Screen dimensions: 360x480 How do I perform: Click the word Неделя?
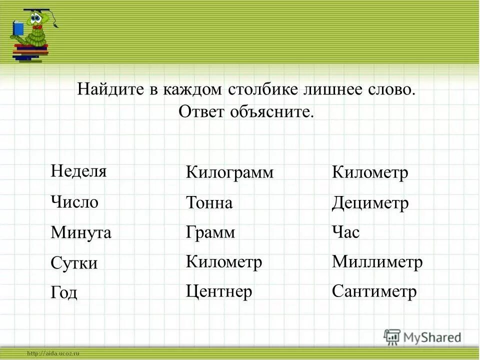pos(78,171)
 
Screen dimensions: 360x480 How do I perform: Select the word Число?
pos(74,202)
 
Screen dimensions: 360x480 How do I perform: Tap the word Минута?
pos(81,232)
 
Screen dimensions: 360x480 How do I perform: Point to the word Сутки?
pos(74,263)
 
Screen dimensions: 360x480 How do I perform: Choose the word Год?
pos(64,292)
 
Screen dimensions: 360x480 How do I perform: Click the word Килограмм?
pos(230,173)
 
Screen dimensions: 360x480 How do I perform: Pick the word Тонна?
pos(209,203)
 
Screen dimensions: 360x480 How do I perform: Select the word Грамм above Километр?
pos(210,232)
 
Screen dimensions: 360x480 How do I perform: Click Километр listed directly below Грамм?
pos(224,262)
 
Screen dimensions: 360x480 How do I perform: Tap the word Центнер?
pos(219,291)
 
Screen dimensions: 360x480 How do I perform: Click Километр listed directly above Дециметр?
pos(370,173)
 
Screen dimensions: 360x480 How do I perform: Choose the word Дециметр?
pos(370,203)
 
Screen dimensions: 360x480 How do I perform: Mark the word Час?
pos(345,232)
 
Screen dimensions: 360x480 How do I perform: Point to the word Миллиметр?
pos(377,262)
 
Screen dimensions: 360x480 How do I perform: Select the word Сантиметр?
pos(374,291)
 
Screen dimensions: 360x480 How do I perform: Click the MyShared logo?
pos(422,337)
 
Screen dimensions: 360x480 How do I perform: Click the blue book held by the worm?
pos(18,28)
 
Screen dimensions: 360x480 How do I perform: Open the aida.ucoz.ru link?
pos(53,353)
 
